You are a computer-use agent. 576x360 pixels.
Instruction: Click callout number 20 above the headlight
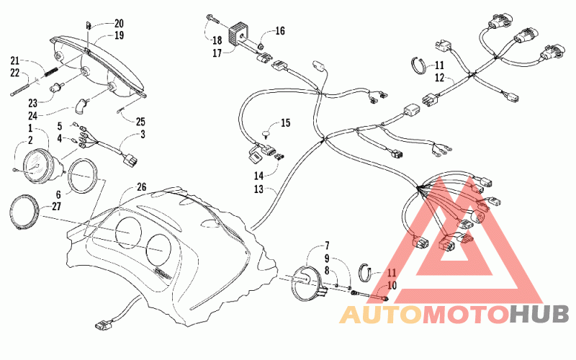[x=119, y=24]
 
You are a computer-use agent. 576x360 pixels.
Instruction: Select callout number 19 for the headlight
[x=119, y=35]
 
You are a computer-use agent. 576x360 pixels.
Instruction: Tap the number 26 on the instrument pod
[x=141, y=187]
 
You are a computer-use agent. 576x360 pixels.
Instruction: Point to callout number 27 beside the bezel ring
[x=56, y=207]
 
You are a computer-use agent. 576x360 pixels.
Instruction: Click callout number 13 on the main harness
[x=258, y=189]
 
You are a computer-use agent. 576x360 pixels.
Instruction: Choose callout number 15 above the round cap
[x=285, y=122]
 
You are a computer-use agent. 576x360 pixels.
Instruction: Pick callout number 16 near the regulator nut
[x=280, y=31]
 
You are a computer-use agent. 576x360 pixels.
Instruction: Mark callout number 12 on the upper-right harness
[x=439, y=78]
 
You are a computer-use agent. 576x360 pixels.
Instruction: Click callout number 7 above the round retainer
[x=327, y=246]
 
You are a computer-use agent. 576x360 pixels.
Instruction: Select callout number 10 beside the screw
[x=392, y=285]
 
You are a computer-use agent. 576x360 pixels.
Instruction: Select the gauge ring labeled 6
[x=84, y=176]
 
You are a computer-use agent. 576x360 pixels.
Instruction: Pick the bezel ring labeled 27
[x=24, y=212]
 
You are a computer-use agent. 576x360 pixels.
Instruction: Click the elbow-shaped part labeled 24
[x=81, y=105]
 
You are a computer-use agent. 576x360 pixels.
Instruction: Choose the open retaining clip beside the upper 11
[x=418, y=66]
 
